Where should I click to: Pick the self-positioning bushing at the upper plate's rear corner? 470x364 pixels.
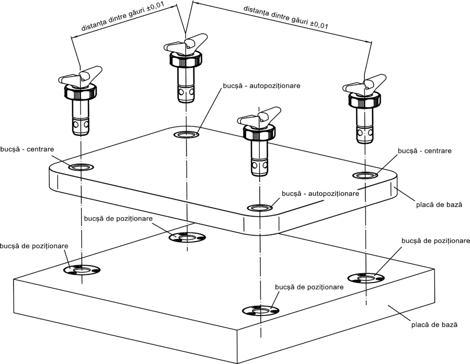tap(186, 135)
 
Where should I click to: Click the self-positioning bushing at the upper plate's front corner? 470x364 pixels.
tap(259, 207)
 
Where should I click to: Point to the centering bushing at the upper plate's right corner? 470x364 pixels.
tap(366, 175)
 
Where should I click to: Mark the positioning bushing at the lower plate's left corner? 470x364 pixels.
tap(82, 270)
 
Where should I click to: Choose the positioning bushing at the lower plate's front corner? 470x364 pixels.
tap(260, 310)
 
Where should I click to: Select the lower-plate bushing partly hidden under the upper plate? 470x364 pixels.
tap(187, 237)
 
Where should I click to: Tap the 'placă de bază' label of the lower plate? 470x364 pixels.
tap(433, 324)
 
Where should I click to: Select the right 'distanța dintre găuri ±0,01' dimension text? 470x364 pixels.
tap(285, 17)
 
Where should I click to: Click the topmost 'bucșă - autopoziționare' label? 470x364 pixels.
tap(261, 87)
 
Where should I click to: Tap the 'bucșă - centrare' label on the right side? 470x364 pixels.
tap(424, 151)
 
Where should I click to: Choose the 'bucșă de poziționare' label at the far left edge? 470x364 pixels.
tap(35, 246)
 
